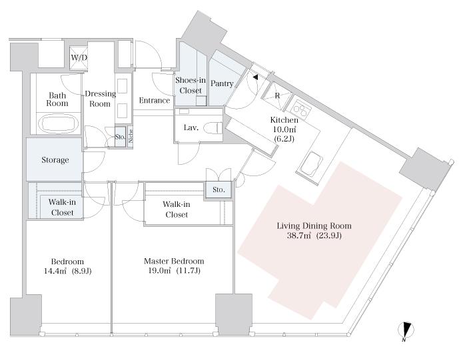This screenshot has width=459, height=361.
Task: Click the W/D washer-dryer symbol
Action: point(79,58)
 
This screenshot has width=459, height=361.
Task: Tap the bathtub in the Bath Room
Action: point(59,124)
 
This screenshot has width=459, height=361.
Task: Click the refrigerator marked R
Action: point(277,96)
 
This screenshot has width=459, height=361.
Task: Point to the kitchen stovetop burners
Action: point(302,110)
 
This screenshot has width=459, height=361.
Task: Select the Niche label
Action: point(131,136)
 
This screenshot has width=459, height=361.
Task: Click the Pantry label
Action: point(222,83)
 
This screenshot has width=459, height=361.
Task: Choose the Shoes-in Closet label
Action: point(191,85)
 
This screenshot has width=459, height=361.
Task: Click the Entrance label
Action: point(155,101)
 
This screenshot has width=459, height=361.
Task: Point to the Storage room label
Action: point(55,160)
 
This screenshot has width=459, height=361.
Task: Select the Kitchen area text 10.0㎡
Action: point(284,129)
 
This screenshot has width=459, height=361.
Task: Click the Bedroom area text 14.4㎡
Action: point(55,271)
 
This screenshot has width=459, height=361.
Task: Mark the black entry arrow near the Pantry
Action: point(256,77)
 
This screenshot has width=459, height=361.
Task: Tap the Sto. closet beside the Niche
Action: point(120,137)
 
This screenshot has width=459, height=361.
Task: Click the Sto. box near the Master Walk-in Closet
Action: point(219,190)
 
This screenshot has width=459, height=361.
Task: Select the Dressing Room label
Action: point(101,99)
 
